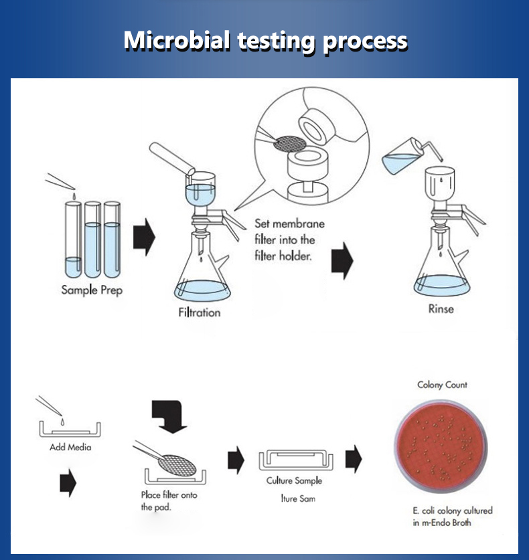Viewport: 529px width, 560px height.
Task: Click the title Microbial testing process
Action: pos(265,40)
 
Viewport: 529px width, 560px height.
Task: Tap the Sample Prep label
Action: pos(92,290)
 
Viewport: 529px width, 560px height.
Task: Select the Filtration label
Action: pos(200,313)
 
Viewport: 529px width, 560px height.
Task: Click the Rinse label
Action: pos(441,309)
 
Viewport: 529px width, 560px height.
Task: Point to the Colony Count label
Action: pos(442,385)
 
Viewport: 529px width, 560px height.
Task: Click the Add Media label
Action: pos(70,447)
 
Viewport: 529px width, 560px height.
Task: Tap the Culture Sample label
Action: pos(294,480)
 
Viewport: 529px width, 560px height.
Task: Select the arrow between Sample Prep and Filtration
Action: pos(145,237)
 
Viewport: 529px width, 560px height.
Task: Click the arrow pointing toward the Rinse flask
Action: pos(342,261)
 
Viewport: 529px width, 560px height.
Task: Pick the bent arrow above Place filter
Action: pos(169,416)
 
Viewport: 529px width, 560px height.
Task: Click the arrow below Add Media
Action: pos(68,483)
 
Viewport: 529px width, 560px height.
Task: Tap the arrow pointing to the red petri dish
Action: pos(354,459)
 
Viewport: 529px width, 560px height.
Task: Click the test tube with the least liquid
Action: pos(73,240)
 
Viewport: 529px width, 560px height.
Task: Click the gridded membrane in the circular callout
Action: pos(290,144)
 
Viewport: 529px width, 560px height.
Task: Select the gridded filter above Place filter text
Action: pos(177,466)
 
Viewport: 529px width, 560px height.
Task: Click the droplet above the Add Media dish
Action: pos(62,422)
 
